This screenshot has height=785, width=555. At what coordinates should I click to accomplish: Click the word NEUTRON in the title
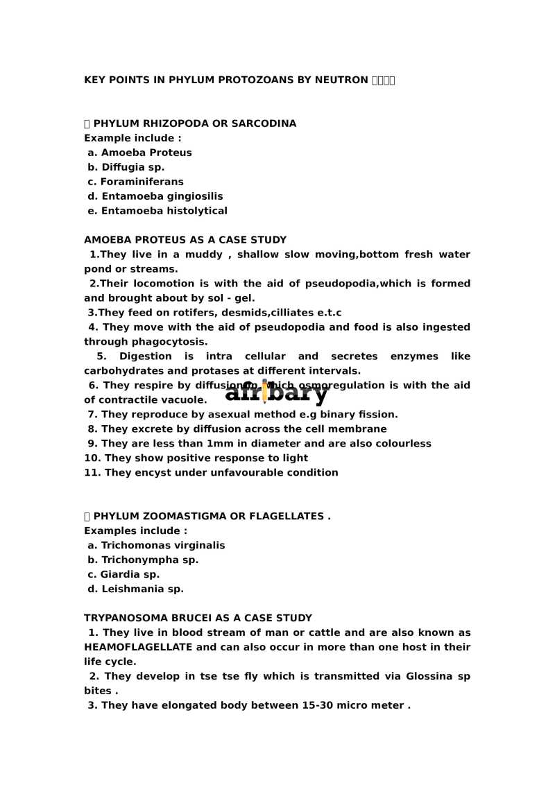341,80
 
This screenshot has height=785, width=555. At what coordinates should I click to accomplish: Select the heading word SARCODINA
264,123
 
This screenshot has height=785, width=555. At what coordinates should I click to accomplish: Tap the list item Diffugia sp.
133,167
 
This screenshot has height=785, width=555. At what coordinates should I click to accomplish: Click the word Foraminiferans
142,182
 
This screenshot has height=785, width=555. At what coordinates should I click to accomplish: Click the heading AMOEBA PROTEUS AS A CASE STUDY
185,240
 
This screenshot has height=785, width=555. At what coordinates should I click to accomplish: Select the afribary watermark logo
276,392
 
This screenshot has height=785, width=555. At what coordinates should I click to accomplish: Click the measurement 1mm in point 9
220,444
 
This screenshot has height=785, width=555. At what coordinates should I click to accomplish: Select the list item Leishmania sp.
142,589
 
